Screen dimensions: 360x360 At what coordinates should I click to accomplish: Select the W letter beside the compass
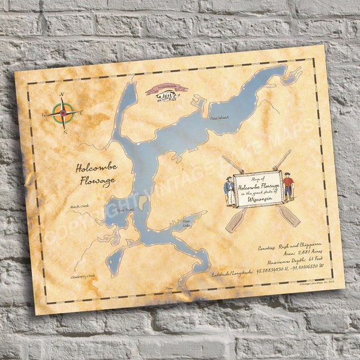point(44,113)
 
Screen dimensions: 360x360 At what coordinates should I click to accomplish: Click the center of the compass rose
point(64,112)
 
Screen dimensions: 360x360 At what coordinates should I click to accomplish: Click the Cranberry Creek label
point(83,275)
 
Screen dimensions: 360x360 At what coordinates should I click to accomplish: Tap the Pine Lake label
point(182,224)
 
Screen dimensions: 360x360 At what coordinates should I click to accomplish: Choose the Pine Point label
point(125,211)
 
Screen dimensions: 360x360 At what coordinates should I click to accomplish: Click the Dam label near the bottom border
point(169,289)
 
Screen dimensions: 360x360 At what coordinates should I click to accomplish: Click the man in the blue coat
point(229,191)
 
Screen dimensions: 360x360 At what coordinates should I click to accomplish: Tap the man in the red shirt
point(288,186)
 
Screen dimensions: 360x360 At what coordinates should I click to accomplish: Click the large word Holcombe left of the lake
point(97,167)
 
